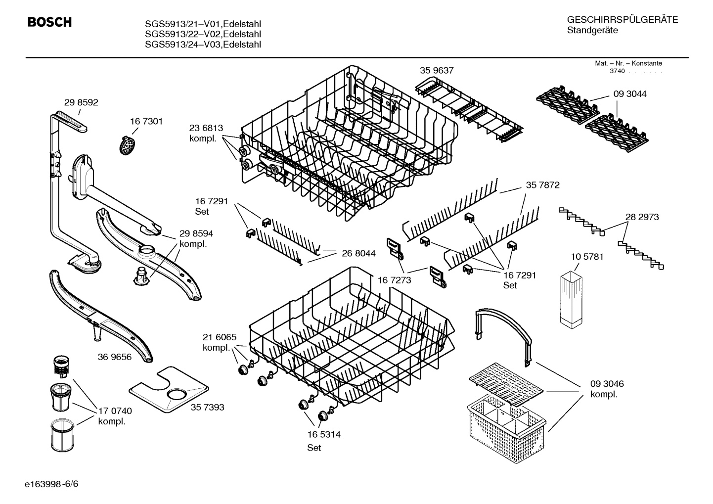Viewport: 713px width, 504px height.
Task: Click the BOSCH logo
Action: coord(49,22)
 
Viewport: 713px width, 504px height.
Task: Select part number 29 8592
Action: coord(81,103)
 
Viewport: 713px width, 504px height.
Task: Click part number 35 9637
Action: coord(437,71)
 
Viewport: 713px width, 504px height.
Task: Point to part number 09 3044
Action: coord(629,94)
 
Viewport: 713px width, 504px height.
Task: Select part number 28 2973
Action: coord(642,217)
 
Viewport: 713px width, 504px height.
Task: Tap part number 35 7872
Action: coord(542,185)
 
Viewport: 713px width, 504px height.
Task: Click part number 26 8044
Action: coord(358,253)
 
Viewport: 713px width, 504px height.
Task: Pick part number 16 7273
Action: coord(394,280)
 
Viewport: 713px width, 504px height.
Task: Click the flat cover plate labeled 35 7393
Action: coord(169,389)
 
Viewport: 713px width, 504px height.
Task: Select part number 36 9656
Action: coord(115,357)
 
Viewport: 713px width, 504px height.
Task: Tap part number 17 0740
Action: coord(115,411)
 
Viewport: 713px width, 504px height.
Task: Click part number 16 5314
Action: coord(324,435)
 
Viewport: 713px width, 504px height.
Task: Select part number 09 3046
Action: coord(607,384)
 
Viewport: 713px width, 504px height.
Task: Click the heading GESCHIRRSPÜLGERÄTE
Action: coord(622,20)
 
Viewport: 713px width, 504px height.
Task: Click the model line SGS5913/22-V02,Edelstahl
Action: coord(203,34)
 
